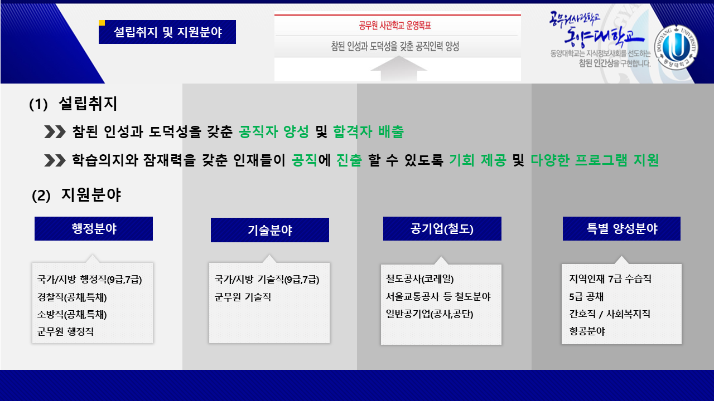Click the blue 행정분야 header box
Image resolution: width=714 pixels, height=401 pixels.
94,228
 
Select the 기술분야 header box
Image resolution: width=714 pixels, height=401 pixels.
269,230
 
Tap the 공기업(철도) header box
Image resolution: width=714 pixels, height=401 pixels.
442,228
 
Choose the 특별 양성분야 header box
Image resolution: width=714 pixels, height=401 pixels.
621,228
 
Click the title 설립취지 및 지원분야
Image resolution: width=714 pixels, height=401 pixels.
168,32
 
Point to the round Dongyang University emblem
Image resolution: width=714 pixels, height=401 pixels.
676,47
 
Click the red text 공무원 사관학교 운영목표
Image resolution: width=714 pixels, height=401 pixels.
395,25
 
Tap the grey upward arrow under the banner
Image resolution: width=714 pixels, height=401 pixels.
398,69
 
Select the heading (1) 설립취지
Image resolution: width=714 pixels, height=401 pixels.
73,104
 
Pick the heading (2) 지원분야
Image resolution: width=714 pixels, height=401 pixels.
76,195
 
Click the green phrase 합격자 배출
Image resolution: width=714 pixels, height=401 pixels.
369,132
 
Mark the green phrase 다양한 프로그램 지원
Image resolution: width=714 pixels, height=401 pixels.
595,160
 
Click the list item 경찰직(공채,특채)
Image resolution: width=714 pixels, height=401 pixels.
72,297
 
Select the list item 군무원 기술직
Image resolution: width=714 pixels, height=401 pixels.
243,297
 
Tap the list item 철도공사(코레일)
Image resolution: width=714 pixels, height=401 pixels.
420,279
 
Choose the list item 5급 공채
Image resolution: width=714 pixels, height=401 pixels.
586,297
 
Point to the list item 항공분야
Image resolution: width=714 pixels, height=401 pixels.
587,331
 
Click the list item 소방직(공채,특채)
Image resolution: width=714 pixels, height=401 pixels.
72,315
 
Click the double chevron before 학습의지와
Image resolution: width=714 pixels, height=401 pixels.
55,160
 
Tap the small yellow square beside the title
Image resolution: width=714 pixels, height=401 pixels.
102,23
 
